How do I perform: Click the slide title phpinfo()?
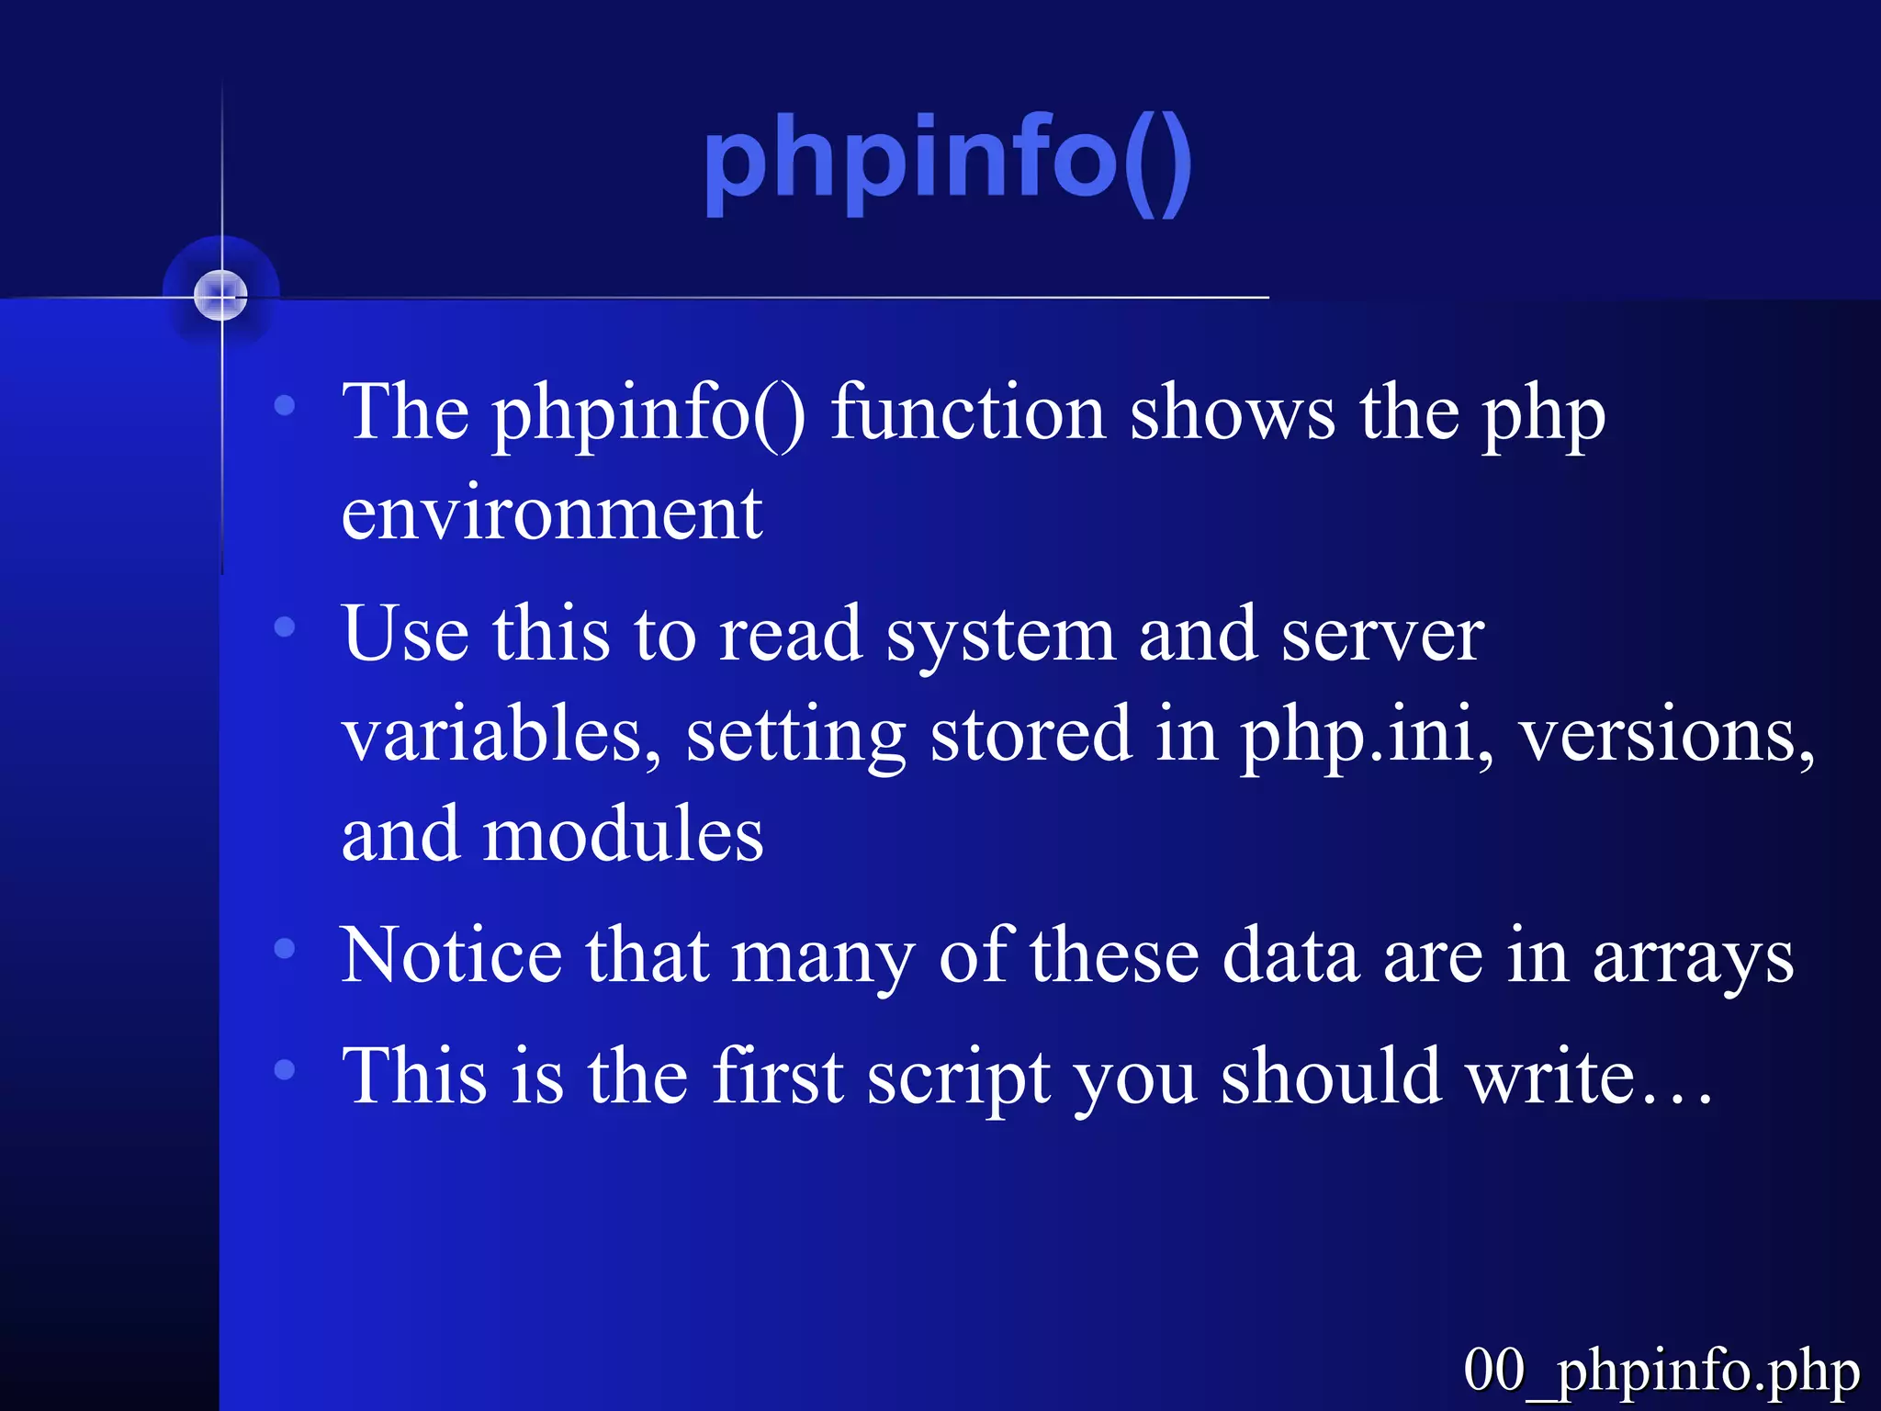coord(947,162)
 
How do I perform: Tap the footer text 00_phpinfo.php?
coord(1661,1370)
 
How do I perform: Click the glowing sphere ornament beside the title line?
coord(220,295)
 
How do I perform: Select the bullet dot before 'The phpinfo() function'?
coord(285,404)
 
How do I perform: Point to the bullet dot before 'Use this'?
coord(285,627)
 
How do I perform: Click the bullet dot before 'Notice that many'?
coord(285,948)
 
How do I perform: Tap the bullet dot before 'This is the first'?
coord(285,1068)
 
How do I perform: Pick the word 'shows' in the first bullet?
coord(1232,412)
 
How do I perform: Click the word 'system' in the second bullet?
coord(999,636)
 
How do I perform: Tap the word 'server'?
coord(1381,636)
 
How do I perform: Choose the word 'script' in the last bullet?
coord(959,1077)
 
